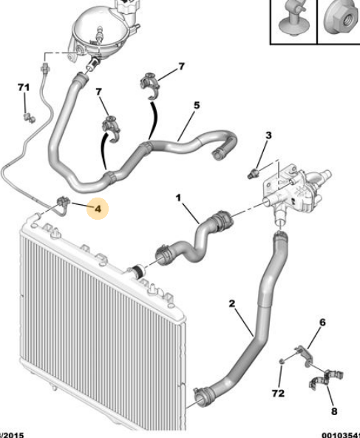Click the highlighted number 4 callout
point(98,209)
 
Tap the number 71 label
point(24,88)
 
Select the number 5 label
point(197,106)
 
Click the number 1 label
point(177,198)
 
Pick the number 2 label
point(231,304)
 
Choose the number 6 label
point(322,322)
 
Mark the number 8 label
point(333,411)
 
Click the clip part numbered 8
point(319,384)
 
